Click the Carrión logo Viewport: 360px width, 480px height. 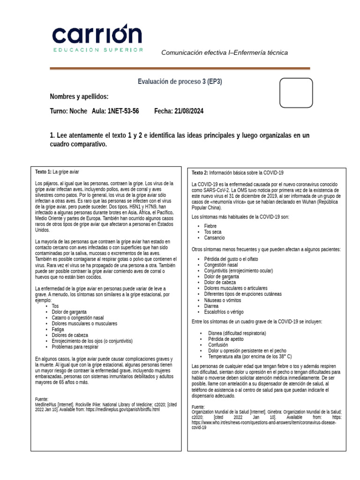click(x=97, y=37)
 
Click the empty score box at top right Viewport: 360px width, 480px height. click(x=296, y=93)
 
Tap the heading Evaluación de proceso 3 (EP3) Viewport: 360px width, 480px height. click(x=180, y=82)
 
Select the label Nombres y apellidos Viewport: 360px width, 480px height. click(x=79, y=97)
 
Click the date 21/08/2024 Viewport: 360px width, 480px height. click(x=189, y=111)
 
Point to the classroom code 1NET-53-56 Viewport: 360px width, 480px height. click(x=123, y=111)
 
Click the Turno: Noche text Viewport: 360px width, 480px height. click(x=68, y=111)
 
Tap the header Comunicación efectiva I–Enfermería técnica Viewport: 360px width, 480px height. click(x=225, y=52)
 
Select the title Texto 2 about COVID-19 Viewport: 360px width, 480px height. click(x=238, y=172)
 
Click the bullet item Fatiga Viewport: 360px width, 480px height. click(x=58, y=330)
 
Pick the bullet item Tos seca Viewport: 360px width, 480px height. click(x=213, y=232)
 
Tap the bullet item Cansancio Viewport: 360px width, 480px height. click(x=214, y=238)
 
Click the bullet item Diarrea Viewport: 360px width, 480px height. click(x=212, y=306)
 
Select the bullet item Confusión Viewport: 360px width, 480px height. click(x=218, y=345)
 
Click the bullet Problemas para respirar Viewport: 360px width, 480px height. click(x=75, y=347)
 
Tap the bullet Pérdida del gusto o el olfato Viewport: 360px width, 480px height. click(x=231, y=259)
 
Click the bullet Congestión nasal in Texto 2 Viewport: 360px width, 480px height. click(x=221, y=265)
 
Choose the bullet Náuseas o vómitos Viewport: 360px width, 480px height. click(x=222, y=300)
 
